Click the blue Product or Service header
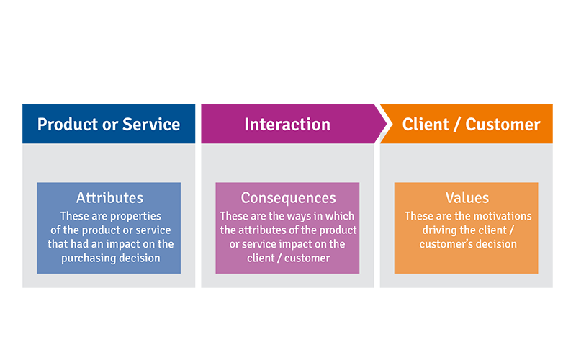pyautogui.click(x=109, y=124)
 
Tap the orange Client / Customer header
pyautogui.click(x=467, y=124)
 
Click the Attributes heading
pyautogui.click(x=109, y=198)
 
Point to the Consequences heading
pyautogui.click(x=289, y=198)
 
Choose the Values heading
pyautogui.click(x=467, y=198)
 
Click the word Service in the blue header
pyautogui.click(x=151, y=124)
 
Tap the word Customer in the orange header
pyautogui.click(x=503, y=124)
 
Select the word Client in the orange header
pyautogui.click(x=426, y=124)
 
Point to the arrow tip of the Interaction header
pyautogui.click(x=387, y=124)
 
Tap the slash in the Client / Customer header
pyautogui.click(x=457, y=124)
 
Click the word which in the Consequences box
pyautogui.click(x=343, y=216)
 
